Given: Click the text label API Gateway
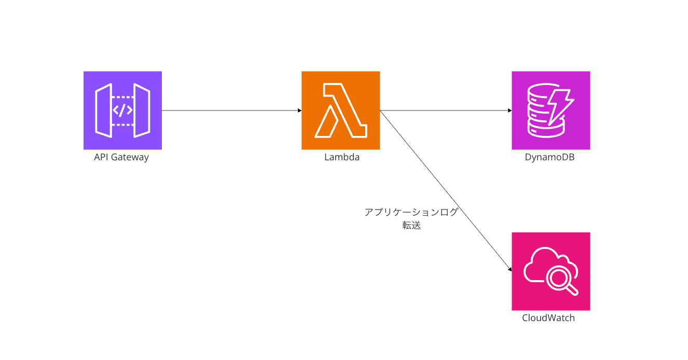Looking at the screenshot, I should (121, 157).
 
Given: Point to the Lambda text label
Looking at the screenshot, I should (342, 157).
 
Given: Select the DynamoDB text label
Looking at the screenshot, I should (549, 157).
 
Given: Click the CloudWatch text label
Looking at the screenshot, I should (548, 318).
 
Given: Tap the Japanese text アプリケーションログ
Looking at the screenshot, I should (411, 212).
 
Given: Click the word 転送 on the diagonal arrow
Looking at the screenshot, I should (411, 226).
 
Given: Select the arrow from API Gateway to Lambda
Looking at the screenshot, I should (231, 110).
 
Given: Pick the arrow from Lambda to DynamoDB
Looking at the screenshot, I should (445, 110).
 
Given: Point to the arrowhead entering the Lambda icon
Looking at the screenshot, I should (299, 110).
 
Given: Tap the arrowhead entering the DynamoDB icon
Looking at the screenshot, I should (510, 110).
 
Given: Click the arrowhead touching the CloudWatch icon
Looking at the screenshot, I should (510, 269).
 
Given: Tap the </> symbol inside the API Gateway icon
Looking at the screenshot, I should (122, 110).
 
